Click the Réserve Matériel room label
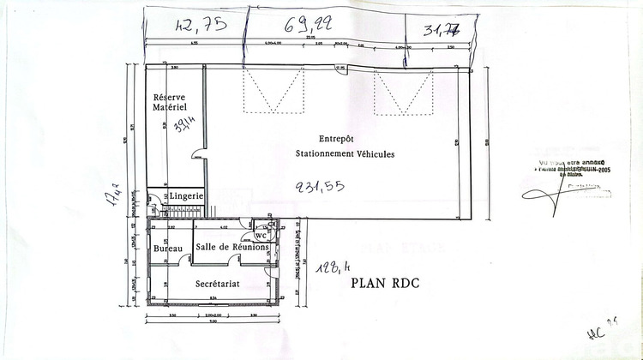169,102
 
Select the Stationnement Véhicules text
345,155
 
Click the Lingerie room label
186,196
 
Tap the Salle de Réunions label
232,247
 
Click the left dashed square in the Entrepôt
274,92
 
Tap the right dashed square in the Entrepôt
402,92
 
